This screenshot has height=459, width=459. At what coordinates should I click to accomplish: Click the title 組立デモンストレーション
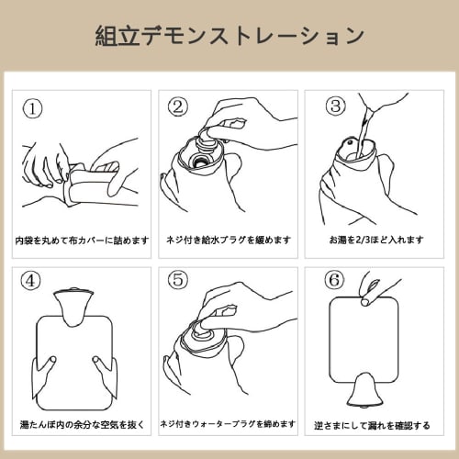coord(229,36)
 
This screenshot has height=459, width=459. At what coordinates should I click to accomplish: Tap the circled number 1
coord(32,108)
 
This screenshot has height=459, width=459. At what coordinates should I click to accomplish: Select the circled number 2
coord(177,106)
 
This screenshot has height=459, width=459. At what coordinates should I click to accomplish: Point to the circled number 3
coord(335,106)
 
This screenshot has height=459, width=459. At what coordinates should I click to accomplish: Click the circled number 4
coord(30,280)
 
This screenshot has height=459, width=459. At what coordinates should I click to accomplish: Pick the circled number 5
coord(177,279)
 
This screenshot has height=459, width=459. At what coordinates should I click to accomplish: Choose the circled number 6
coord(334,279)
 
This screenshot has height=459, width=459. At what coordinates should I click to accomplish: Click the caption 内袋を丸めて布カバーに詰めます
coord(82,241)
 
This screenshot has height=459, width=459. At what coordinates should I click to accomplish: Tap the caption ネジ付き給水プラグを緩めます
coord(229,240)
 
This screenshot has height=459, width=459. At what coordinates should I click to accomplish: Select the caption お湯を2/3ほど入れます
coord(376,240)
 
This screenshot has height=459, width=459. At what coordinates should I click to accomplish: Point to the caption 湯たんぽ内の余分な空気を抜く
coord(82,424)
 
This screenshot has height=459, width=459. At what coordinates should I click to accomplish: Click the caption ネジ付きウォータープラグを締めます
coord(228,424)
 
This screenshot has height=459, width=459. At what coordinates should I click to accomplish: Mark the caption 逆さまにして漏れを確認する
coord(372,425)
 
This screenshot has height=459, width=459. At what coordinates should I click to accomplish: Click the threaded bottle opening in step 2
coord(199,161)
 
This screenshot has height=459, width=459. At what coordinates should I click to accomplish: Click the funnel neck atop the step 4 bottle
coord(73,306)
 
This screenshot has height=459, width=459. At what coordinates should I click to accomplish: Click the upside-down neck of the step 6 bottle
coord(364,392)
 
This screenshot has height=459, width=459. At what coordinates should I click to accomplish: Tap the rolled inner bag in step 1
coord(89,184)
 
